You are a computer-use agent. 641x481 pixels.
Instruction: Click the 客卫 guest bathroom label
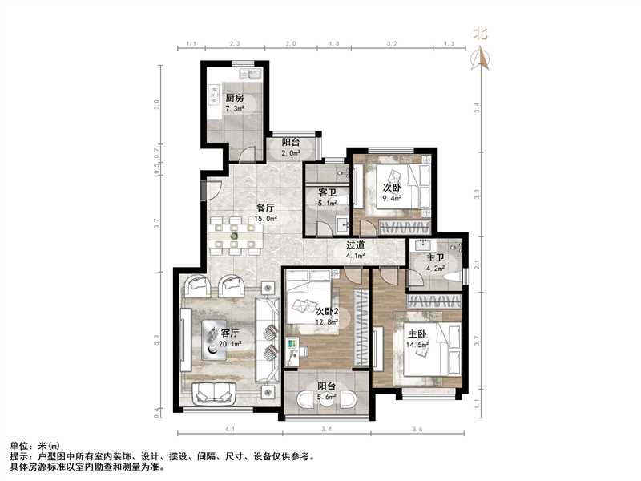[x=327, y=193]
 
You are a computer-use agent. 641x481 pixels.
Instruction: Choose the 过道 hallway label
[x=355, y=246]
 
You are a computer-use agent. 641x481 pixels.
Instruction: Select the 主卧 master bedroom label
[x=415, y=334]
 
